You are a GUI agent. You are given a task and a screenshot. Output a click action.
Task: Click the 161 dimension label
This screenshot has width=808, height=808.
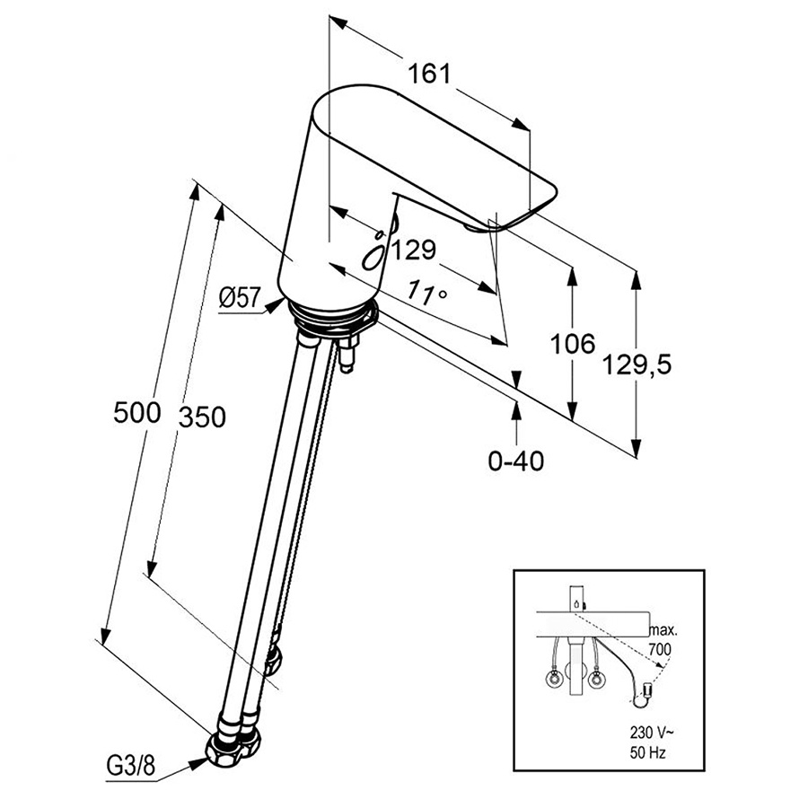coord(430,74)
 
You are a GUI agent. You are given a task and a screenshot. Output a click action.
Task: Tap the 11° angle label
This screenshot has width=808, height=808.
coord(428,292)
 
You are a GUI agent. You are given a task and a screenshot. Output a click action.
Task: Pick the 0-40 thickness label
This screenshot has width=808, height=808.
coord(515,461)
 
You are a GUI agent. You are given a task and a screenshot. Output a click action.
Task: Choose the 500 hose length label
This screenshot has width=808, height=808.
coord(137,413)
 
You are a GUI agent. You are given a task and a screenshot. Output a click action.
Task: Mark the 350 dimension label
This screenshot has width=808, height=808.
coord(201,417)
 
